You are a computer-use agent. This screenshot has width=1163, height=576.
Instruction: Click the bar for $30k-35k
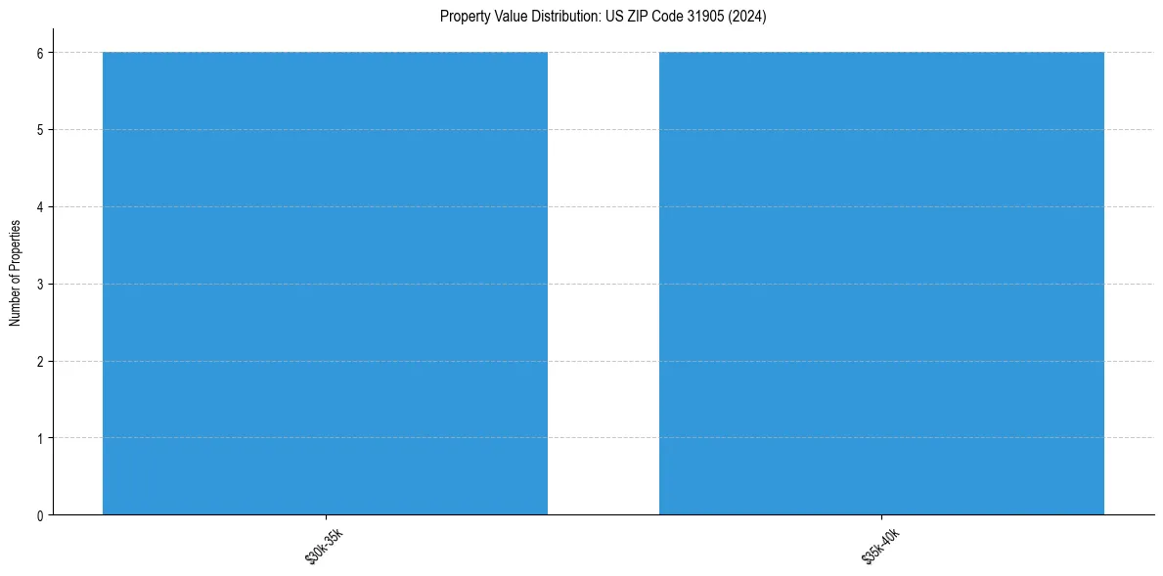coord(325,283)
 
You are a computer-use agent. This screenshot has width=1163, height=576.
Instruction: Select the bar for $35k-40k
coord(881,283)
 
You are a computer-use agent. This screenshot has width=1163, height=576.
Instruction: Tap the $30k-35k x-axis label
coord(324,545)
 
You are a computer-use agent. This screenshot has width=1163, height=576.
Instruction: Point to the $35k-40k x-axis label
coord(880,545)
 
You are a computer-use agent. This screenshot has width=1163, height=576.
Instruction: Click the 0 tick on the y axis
coord(40,515)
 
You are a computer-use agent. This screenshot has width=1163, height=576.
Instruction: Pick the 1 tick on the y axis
coord(40,438)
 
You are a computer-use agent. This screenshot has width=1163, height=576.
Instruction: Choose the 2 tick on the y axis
coord(40,361)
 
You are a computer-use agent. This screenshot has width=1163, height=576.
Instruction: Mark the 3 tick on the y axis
coord(40,284)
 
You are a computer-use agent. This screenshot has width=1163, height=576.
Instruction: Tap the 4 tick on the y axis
coord(40,206)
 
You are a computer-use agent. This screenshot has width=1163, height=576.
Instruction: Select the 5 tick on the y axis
coord(40,129)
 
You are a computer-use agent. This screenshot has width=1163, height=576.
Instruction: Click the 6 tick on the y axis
coord(40,52)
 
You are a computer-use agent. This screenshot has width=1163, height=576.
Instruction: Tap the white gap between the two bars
coord(603,283)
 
